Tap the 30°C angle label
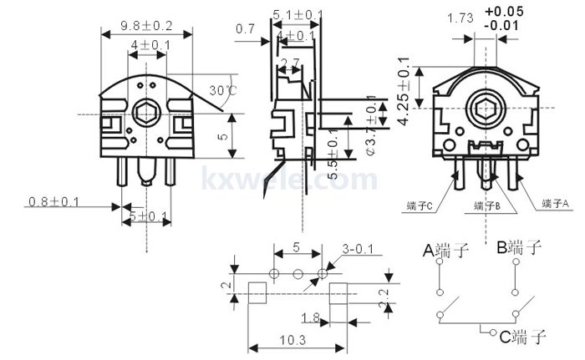click(x=222, y=89)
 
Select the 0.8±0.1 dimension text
click(x=53, y=202)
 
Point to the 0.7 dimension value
click(x=245, y=29)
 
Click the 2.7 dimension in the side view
click(x=290, y=63)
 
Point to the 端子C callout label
click(x=418, y=205)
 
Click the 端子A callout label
click(x=554, y=203)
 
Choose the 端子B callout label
click(x=486, y=205)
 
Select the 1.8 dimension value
click(x=308, y=317)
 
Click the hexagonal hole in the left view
click(x=147, y=113)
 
